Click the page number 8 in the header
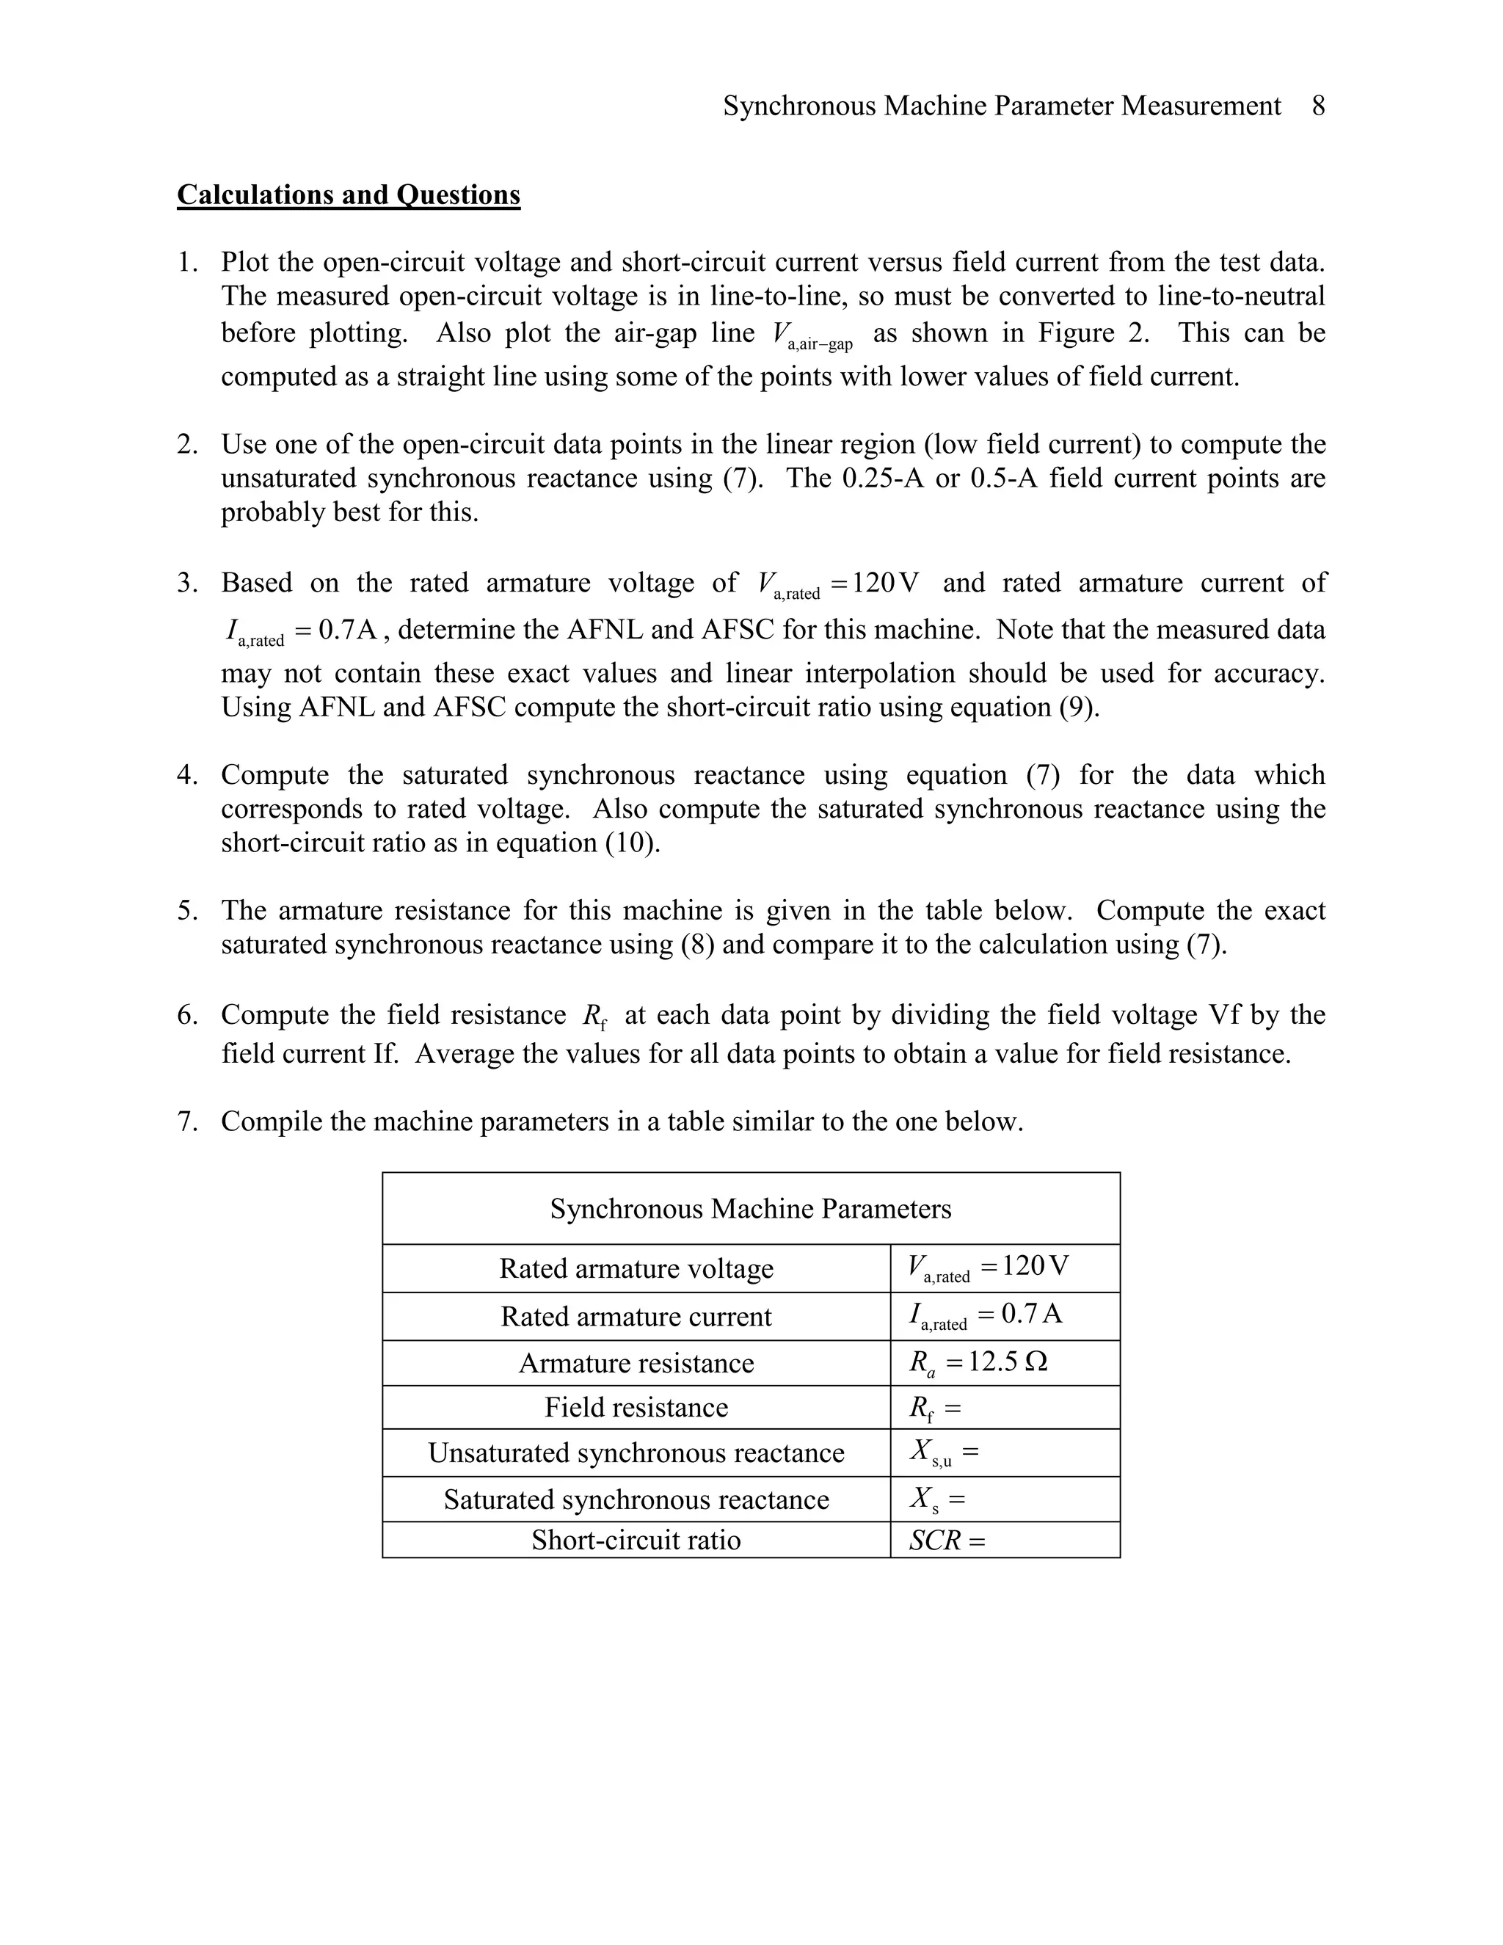[1318, 106]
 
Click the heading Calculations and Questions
[348, 194]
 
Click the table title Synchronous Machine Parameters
[750, 1209]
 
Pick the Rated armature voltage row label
[636, 1268]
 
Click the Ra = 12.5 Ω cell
[978, 1362]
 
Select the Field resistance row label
[636, 1407]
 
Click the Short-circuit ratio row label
[636, 1540]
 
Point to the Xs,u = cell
[943, 1453]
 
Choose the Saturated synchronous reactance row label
[636, 1499]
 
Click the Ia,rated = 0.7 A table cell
[985, 1315]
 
